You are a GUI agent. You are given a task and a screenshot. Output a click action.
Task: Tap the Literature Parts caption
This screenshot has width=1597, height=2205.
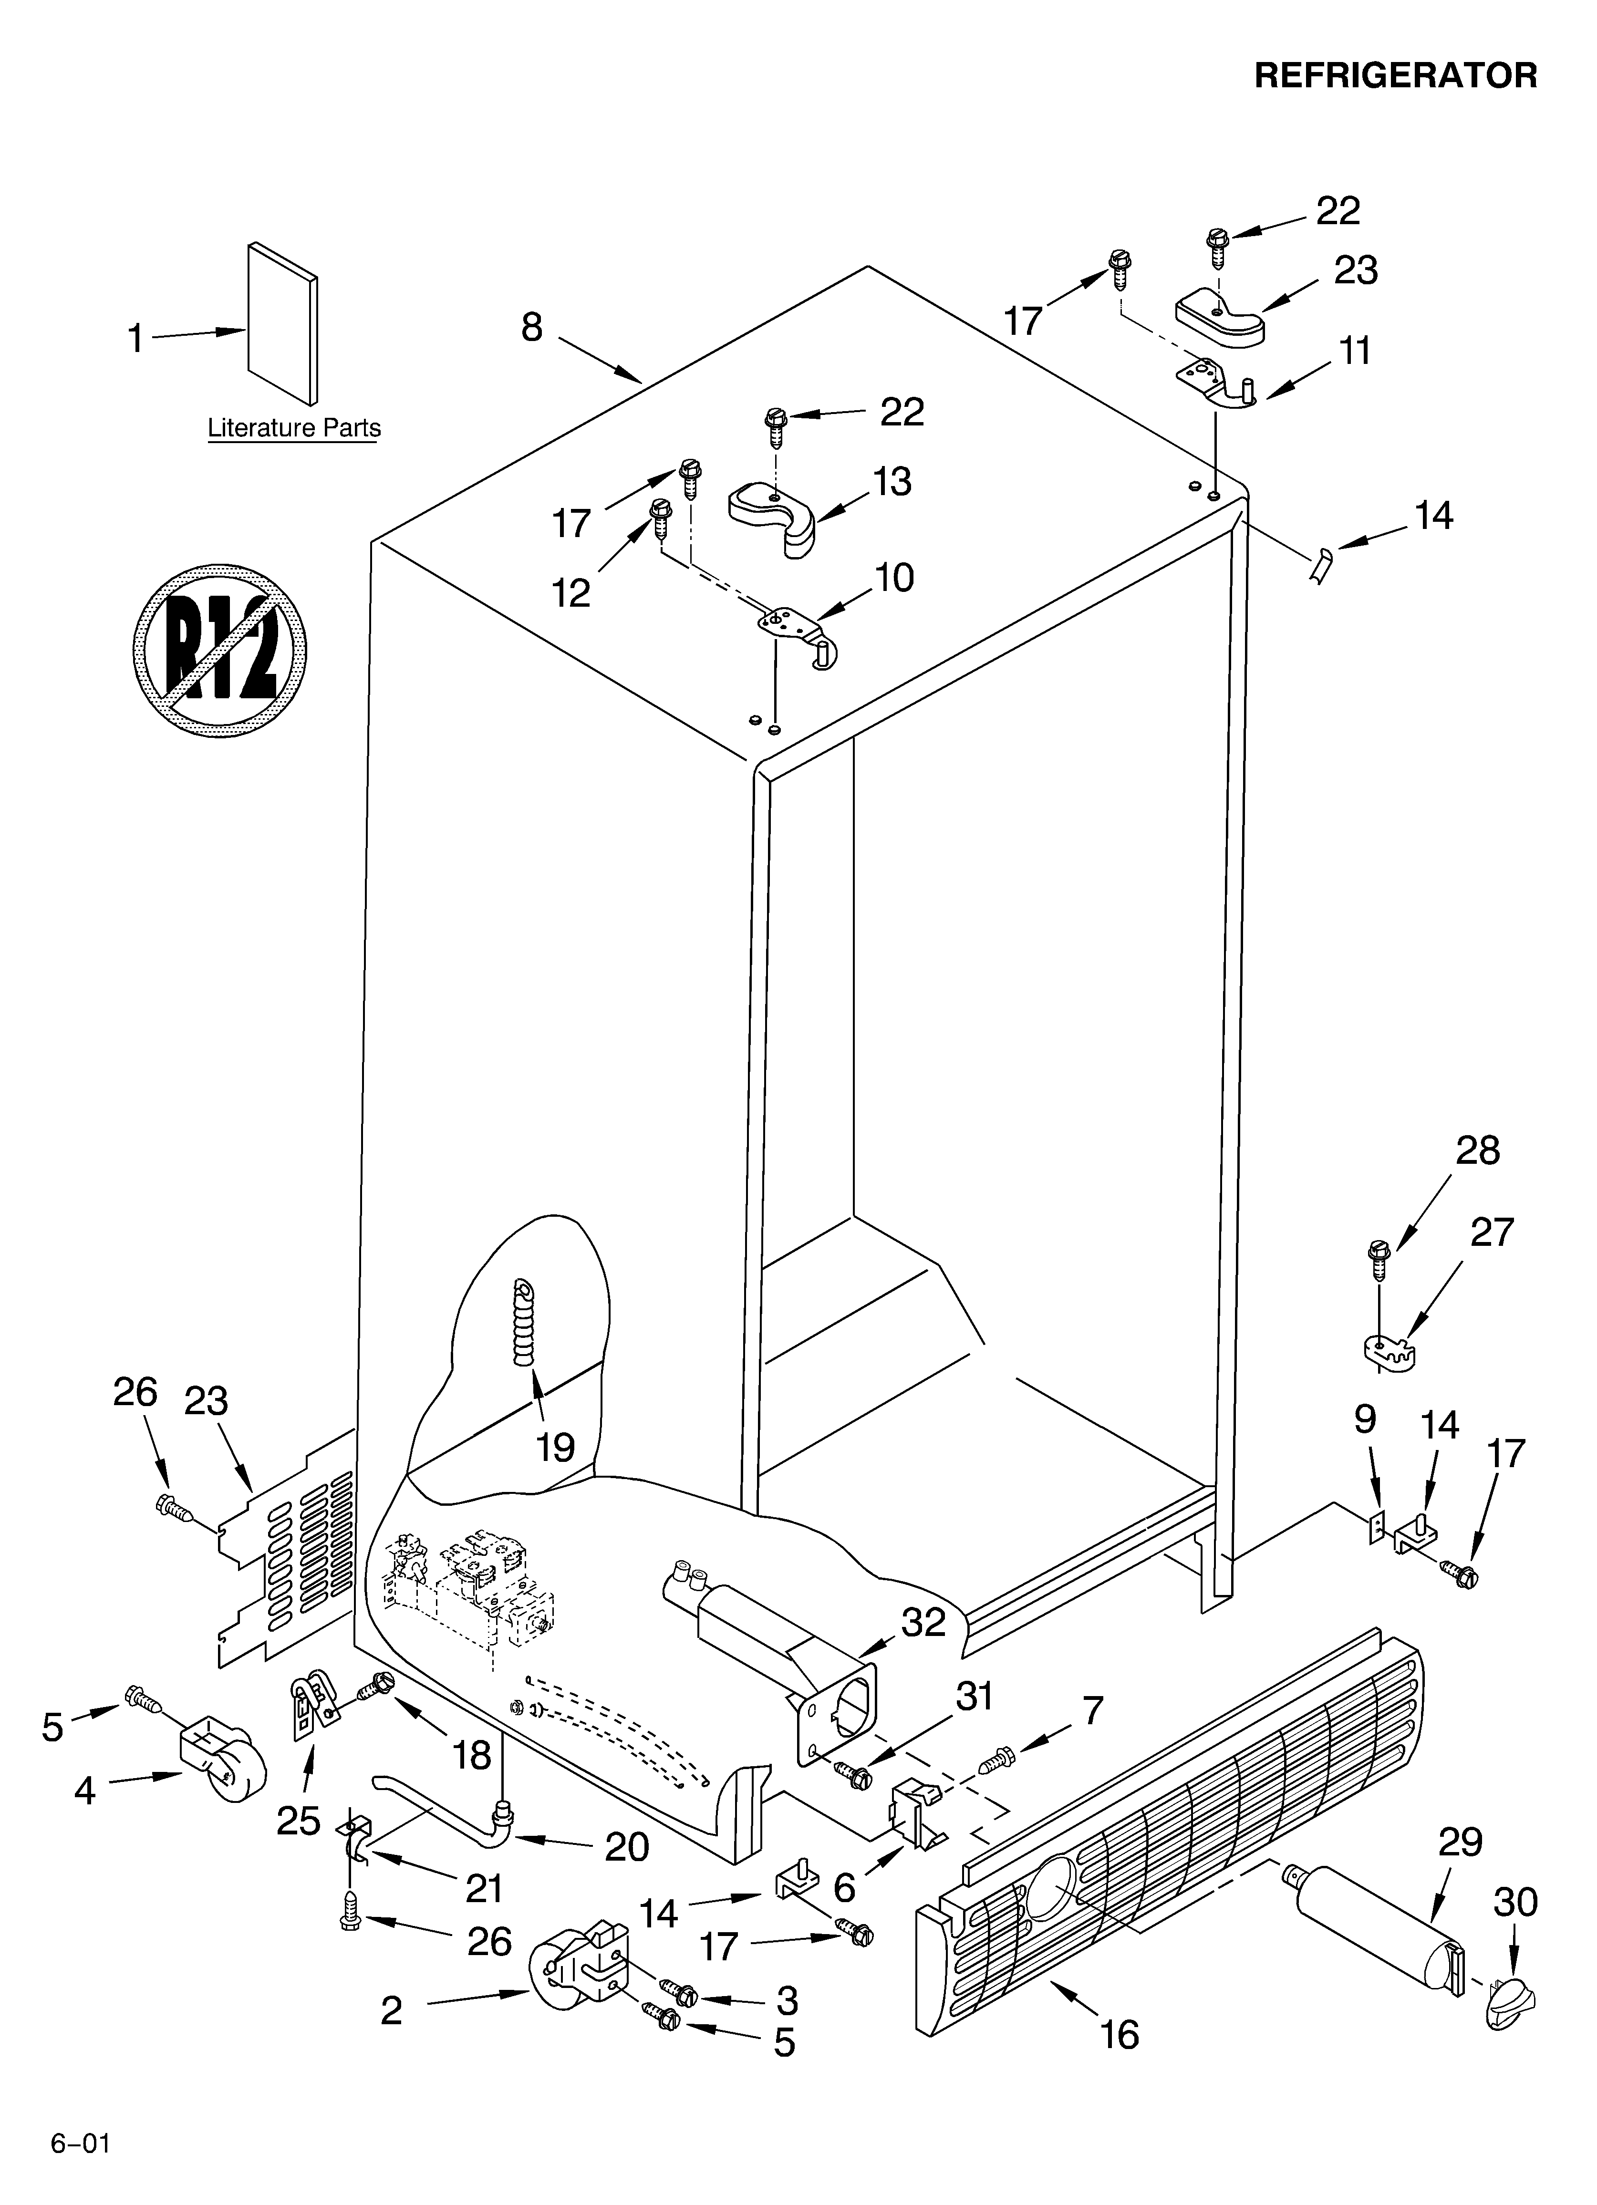coord(294,428)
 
